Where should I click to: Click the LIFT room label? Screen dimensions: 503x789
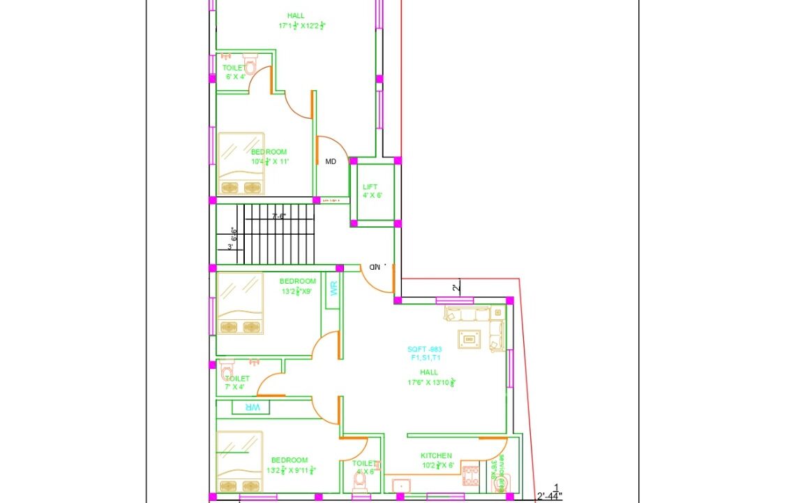pos(370,187)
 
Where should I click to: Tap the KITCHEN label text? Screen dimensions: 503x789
pos(436,455)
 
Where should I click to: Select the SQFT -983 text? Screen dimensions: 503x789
pos(425,349)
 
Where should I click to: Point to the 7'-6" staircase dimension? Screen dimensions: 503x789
pos(279,217)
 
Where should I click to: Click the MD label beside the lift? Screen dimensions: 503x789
pos(331,161)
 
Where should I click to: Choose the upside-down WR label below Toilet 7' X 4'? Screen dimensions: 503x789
pos(249,407)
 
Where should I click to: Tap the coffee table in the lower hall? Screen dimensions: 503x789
pos(468,339)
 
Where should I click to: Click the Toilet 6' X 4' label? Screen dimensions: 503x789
pos(234,72)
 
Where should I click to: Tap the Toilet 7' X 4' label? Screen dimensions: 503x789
pos(236,382)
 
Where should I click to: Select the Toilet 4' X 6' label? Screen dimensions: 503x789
pos(364,467)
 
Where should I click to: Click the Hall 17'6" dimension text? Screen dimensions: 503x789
pos(431,382)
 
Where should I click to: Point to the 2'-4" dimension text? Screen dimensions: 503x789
pos(549,497)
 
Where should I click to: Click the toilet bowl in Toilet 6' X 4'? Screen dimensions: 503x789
pos(250,66)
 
